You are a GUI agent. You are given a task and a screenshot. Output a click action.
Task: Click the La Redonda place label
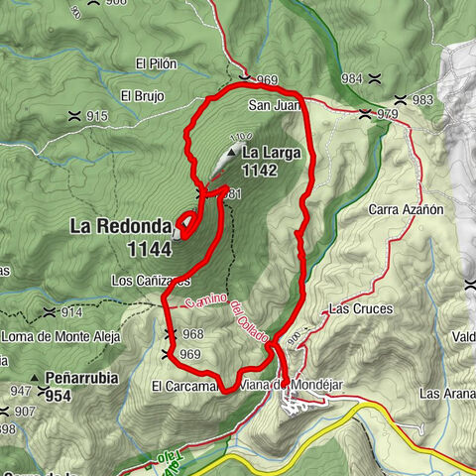click(x=120, y=226)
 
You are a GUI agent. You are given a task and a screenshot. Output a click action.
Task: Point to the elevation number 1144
click(x=149, y=247)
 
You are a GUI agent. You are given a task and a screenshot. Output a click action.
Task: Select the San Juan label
click(x=273, y=103)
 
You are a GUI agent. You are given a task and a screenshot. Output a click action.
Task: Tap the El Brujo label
click(x=140, y=96)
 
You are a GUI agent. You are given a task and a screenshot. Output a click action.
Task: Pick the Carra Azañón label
click(x=407, y=210)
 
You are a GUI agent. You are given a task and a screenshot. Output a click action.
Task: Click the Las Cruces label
click(x=361, y=309)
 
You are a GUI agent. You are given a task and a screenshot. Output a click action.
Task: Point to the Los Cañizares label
click(x=149, y=281)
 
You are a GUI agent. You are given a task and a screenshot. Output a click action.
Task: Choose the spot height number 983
click(x=422, y=100)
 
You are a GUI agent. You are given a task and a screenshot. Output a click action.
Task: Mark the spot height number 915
click(x=96, y=117)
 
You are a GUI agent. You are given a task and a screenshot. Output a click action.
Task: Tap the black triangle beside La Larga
click(x=231, y=153)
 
